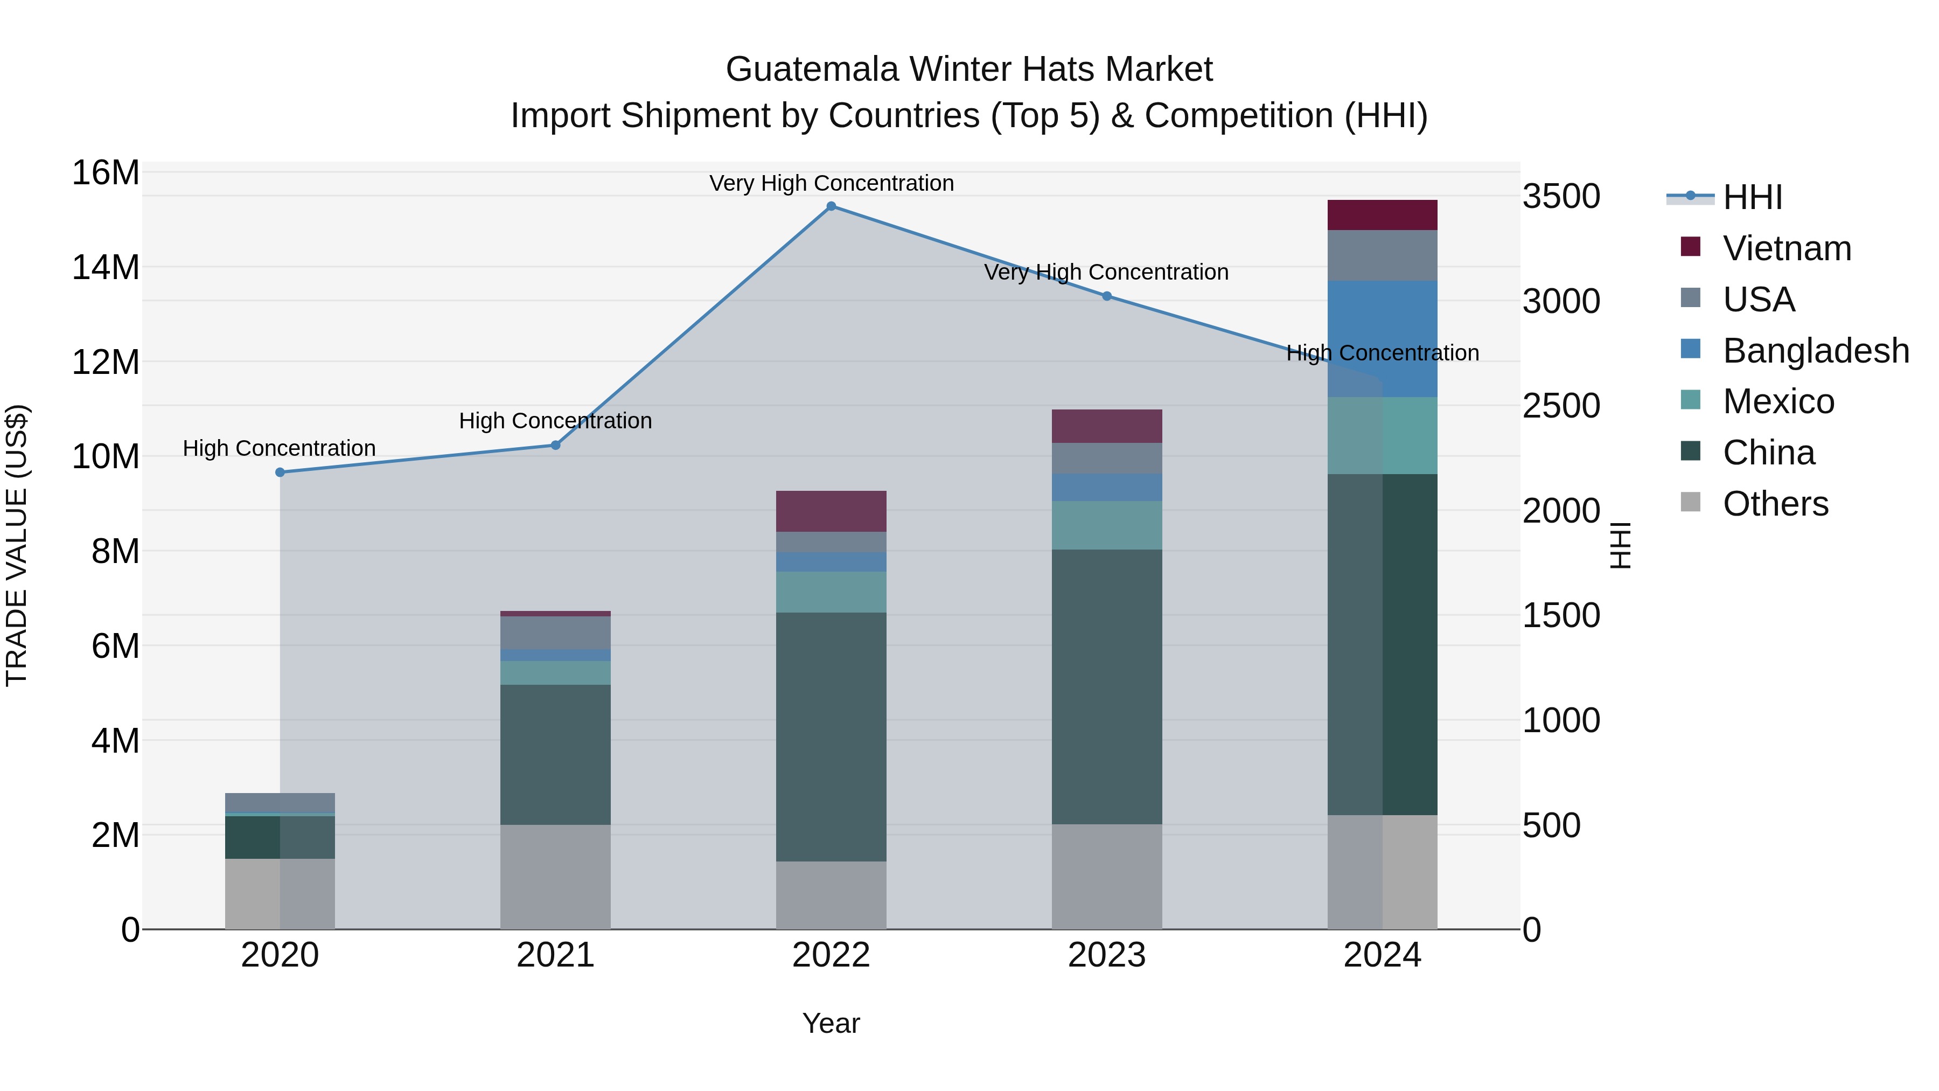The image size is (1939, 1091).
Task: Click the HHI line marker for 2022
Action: pos(831,206)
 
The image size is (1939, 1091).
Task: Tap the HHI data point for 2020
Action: pos(280,472)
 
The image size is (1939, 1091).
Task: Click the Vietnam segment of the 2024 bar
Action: pos(1382,216)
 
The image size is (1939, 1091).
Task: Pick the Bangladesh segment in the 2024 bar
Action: pos(1382,339)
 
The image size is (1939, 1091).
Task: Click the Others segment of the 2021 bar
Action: pos(555,877)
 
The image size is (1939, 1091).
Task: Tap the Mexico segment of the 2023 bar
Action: pos(1106,525)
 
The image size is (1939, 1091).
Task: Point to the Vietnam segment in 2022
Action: pos(831,511)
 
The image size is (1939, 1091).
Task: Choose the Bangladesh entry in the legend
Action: pos(1816,351)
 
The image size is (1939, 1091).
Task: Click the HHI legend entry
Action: pos(1752,197)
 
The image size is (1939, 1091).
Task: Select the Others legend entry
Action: pos(1775,504)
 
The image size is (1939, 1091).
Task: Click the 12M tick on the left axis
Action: pos(106,362)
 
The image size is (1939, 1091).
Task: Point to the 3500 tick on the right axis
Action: pos(1561,197)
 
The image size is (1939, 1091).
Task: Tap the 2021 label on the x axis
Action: pos(555,955)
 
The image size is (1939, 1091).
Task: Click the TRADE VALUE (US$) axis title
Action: pos(17,545)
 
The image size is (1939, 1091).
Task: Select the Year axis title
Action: pos(831,1023)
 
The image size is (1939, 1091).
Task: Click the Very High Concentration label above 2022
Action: pos(831,183)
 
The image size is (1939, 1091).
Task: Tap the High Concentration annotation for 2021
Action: pos(555,421)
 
